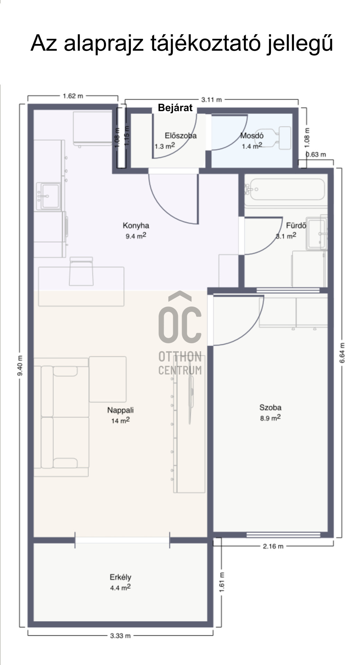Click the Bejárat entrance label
click(175, 108)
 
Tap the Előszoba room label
click(180, 136)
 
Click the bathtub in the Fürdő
click(287, 189)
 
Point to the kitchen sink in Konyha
click(51, 196)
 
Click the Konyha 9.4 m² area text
click(136, 236)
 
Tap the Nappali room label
click(120, 410)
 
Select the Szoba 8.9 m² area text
click(270, 418)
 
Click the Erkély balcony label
click(120, 577)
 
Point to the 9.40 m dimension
click(20, 365)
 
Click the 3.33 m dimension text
click(120, 636)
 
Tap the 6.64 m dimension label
click(342, 353)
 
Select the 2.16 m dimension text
click(273, 546)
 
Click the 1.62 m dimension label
click(73, 96)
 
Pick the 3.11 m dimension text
click(211, 100)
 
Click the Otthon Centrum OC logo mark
click(180, 317)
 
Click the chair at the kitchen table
click(81, 271)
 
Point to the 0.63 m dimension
click(316, 154)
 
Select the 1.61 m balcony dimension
click(222, 582)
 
